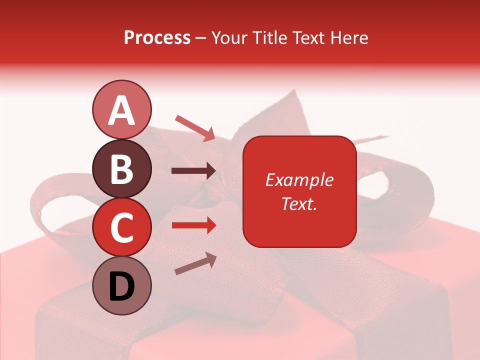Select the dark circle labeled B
[x=121, y=168]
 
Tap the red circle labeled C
[x=121, y=227]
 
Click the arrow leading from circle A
[x=194, y=128]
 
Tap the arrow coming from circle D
[x=195, y=263]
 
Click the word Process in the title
[x=157, y=38]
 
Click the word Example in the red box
[x=299, y=180]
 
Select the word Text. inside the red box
[x=299, y=203]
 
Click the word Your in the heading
[x=231, y=37]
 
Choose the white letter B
[x=121, y=168]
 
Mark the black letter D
[x=121, y=286]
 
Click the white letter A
[x=121, y=109]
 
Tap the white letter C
[x=121, y=227]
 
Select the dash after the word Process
[x=201, y=38]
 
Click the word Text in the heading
[x=309, y=37]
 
